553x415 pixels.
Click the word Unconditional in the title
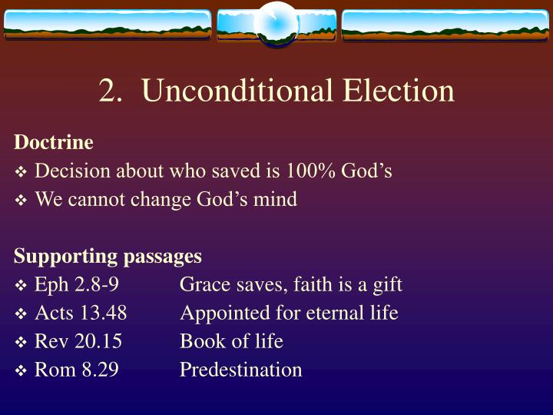(237, 91)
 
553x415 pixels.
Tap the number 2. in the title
(112, 91)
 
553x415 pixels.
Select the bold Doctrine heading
(54, 142)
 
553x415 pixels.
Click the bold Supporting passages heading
(108, 256)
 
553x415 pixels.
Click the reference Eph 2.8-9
(77, 284)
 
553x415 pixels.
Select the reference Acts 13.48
(81, 313)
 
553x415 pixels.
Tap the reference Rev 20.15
(78, 341)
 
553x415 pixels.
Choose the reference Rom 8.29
(77, 370)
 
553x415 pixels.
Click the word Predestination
(240, 370)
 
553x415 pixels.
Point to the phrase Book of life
(231, 341)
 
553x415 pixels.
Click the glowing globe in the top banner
(276, 23)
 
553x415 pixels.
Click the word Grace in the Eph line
(201, 284)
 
